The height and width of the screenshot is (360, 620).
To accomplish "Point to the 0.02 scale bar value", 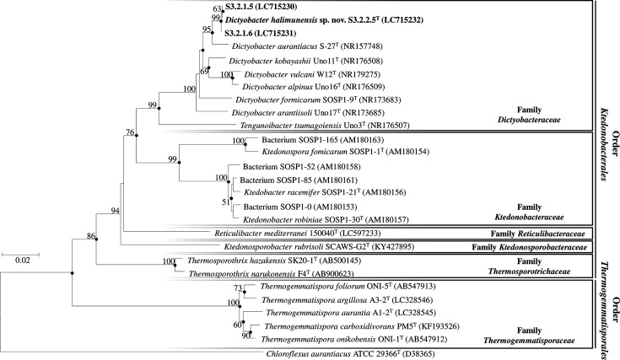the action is pyautogui.click(x=22, y=261).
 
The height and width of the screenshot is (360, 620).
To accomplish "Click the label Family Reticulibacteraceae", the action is pyautogui.click(x=538, y=234).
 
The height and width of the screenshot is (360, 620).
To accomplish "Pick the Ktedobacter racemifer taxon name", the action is pyautogui.click(x=282, y=192).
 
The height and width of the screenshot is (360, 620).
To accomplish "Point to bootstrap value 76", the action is pyautogui.click(x=130, y=132).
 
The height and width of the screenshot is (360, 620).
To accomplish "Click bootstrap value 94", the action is pyautogui.click(x=115, y=211).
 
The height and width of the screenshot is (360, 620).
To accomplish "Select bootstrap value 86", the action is pyautogui.click(x=91, y=236).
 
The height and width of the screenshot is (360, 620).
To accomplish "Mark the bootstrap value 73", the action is pyautogui.click(x=237, y=288).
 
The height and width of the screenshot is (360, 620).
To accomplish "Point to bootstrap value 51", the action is pyautogui.click(x=226, y=202).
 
